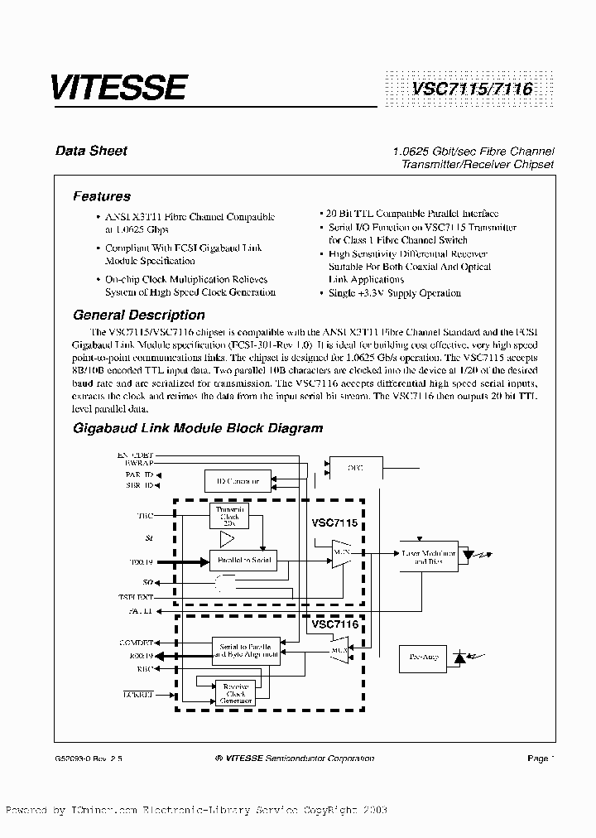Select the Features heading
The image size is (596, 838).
102,196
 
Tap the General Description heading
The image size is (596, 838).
139,315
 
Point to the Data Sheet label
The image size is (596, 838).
91,151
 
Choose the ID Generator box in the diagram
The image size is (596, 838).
238,480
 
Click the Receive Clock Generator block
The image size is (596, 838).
236,691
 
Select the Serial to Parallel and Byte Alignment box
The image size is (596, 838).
247,649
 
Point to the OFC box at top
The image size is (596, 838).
354,468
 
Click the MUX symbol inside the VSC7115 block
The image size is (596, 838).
339,553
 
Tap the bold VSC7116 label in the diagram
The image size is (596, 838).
335,624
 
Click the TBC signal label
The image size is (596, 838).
145,516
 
